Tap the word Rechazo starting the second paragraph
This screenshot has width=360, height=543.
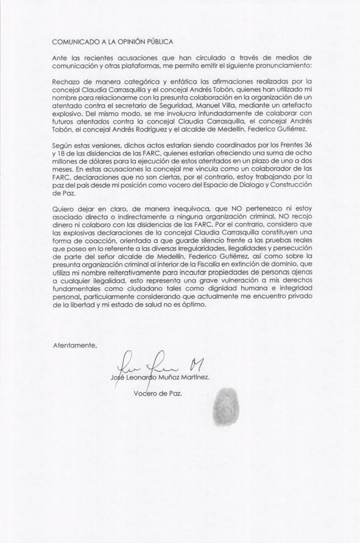pos(67,80)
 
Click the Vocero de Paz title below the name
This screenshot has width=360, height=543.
pos(157,393)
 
